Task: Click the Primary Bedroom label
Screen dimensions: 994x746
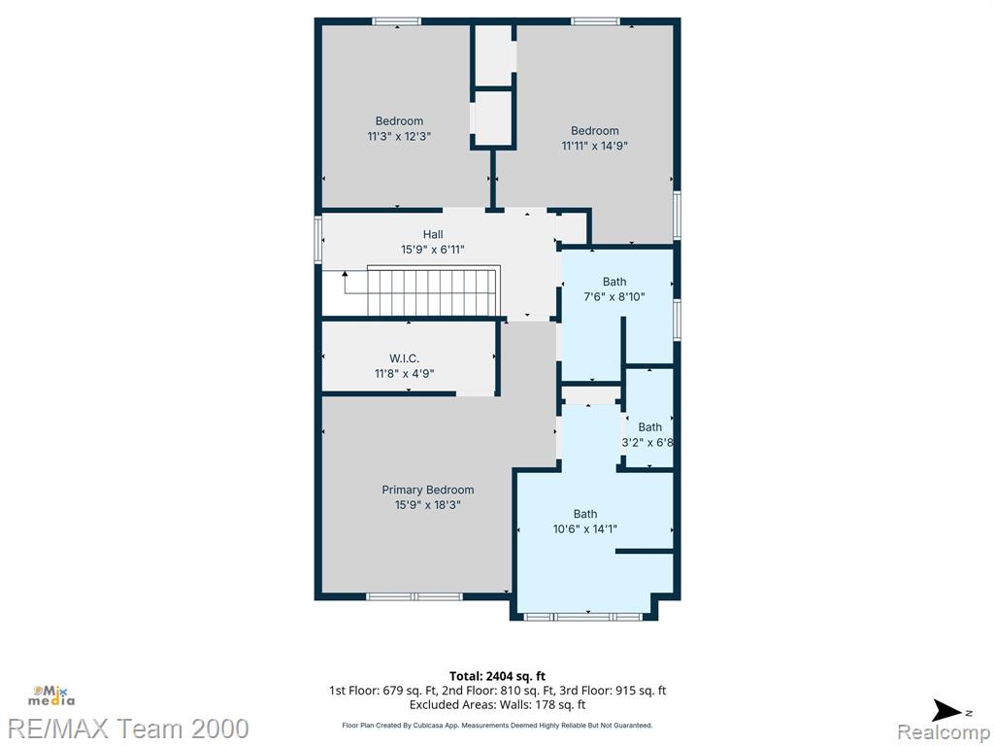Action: [427, 490]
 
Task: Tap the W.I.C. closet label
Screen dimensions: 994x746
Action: [404, 358]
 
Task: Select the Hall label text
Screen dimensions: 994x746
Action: [433, 235]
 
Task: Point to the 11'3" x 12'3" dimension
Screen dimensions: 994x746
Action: [399, 136]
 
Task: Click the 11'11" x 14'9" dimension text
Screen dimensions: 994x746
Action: [595, 146]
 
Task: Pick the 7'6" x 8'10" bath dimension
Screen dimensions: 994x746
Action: [613, 297]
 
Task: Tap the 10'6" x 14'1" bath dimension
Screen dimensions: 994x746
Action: [585, 529]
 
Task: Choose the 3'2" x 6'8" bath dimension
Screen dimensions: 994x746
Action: [647, 443]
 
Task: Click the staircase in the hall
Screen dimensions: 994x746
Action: [433, 290]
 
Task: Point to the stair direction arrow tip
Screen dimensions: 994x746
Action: [345, 273]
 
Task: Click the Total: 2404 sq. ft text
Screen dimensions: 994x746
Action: [497, 676]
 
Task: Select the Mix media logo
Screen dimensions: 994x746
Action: [50, 695]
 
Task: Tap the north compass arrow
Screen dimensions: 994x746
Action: [947, 710]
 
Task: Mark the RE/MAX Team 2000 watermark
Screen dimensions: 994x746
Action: [128, 729]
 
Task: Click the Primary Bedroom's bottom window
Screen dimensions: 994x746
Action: [414, 596]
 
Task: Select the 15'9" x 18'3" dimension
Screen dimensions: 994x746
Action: [427, 505]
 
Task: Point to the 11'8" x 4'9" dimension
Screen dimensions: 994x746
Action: [404, 374]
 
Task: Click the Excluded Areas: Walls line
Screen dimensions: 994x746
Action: [497, 705]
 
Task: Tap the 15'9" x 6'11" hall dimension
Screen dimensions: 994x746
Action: [433, 250]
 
